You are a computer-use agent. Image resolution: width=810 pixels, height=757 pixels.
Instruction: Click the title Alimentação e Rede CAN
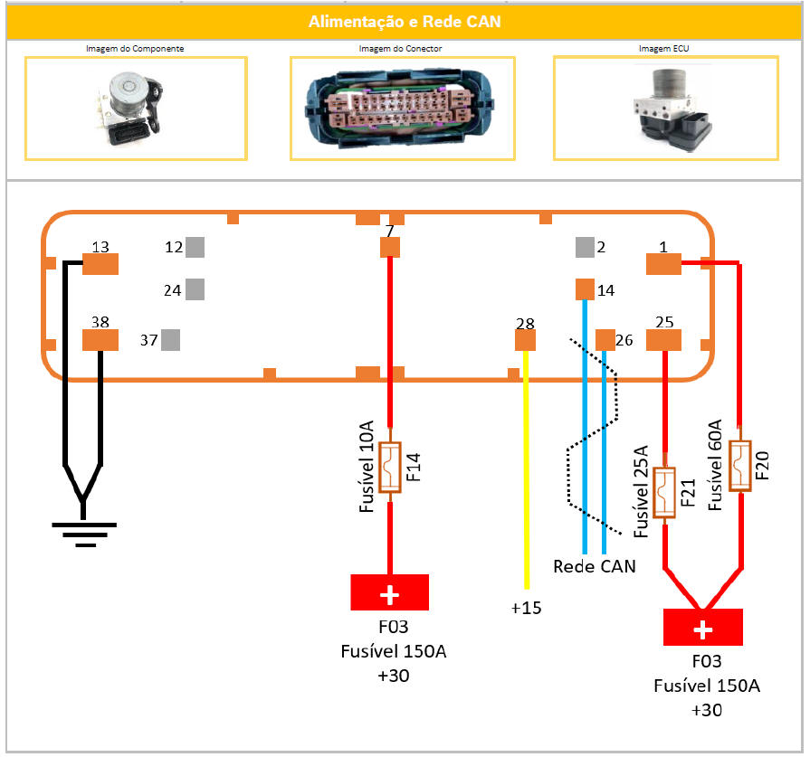(x=405, y=22)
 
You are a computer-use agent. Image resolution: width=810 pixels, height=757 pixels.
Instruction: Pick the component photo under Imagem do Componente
(x=135, y=108)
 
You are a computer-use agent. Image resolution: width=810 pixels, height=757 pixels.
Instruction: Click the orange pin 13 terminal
(x=100, y=263)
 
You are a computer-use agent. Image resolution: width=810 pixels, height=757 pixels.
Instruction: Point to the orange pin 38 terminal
(x=100, y=339)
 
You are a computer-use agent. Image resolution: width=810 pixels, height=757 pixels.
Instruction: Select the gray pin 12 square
(x=195, y=247)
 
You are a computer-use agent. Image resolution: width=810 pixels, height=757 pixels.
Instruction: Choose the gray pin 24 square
(x=195, y=289)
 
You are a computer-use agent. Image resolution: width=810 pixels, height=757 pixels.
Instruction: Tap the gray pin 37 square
(x=169, y=339)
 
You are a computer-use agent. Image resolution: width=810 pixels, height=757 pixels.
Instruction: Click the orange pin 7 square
(x=390, y=247)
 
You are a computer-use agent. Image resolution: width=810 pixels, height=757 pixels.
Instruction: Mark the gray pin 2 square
(x=585, y=247)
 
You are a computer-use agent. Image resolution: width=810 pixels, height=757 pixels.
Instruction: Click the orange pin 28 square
(x=525, y=339)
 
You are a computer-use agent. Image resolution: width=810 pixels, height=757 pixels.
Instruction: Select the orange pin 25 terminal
(x=663, y=339)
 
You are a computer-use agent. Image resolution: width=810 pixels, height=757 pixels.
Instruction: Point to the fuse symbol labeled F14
(x=390, y=468)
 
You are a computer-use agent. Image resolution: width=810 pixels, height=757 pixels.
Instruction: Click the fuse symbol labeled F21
(x=665, y=494)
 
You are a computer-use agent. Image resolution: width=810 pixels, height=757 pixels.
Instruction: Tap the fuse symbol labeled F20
(x=740, y=467)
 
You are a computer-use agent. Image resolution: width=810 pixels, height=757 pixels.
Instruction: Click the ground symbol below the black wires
(x=85, y=532)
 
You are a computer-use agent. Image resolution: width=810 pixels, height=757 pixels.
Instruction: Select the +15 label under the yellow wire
(x=525, y=608)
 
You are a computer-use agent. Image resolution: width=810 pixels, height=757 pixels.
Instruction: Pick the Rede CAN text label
(x=594, y=567)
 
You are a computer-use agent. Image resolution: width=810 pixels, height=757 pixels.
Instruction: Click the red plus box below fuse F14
(x=390, y=595)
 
